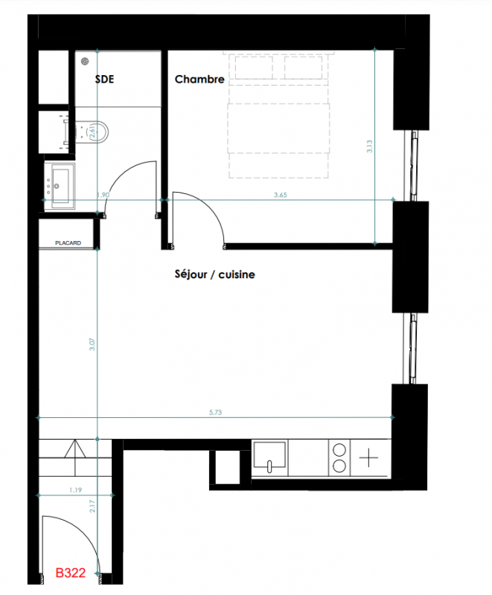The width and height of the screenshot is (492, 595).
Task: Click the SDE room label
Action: tap(104, 79)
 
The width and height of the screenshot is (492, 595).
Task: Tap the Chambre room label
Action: tap(199, 79)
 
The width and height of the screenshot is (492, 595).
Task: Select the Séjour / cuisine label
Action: tap(214, 274)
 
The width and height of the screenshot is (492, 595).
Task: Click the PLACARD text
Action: tap(68, 243)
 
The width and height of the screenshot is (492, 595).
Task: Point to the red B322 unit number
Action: tap(71, 573)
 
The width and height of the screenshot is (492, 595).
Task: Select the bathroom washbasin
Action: tap(60, 185)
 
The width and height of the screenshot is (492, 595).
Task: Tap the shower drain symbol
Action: tap(85, 61)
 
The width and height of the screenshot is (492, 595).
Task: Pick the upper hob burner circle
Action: tap(339, 450)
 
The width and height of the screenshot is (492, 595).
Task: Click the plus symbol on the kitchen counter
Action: tap(368, 457)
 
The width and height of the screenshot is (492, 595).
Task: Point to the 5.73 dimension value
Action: tap(215, 413)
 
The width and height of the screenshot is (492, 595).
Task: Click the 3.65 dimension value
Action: tap(281, 195)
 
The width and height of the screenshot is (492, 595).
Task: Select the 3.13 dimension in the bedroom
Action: tap(369, 146)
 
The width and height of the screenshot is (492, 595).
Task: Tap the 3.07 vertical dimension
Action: tap(92, 344)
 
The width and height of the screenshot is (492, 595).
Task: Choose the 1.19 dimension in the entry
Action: tap(75, 490)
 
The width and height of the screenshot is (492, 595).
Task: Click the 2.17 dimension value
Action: tap(92, 506)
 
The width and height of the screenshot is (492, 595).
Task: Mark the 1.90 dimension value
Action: tap(103, 195)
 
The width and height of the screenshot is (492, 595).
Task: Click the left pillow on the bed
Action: tap(254, 67)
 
